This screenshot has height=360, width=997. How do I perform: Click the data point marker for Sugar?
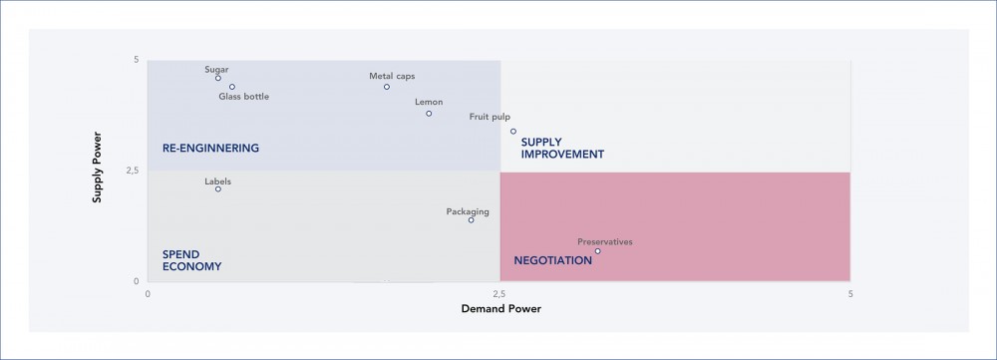coord(218,78)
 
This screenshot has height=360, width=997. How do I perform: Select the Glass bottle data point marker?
coord(232,87)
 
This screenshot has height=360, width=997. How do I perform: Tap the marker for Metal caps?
coord(387,87)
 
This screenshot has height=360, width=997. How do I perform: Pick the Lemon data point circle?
coord(429,114)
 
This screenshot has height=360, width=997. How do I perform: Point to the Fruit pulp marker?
coord(513,131)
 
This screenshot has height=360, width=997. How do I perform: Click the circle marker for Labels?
coord(218,189)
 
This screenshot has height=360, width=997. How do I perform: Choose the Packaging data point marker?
coord(472,219)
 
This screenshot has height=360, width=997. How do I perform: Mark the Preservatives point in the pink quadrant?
coord(597,251)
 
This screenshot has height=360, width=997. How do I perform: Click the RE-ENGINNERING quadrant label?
coord(210,149)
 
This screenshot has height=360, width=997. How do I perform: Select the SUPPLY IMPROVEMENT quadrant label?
coord(562,149)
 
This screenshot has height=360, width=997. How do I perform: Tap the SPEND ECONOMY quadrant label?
coord(191,260)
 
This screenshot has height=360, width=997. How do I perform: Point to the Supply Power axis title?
coord(98,171)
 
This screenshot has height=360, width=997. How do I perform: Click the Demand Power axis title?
coord(500,309)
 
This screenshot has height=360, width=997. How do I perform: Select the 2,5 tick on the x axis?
coord(500,294)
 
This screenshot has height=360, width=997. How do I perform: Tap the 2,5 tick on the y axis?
coord(131,171)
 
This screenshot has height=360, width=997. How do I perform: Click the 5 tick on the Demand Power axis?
coord(850,294)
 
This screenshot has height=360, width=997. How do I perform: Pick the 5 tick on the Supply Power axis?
coord(136,61)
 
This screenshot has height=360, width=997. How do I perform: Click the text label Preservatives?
coord(605,242)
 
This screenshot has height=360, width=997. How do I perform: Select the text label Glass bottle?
coord(244,97)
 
